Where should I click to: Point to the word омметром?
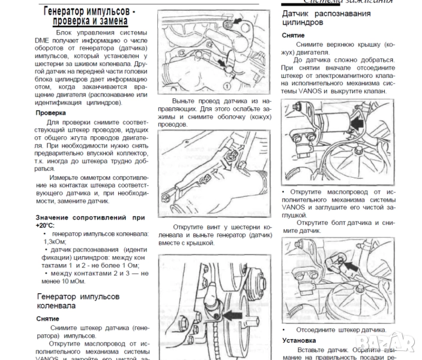point(100,178)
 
